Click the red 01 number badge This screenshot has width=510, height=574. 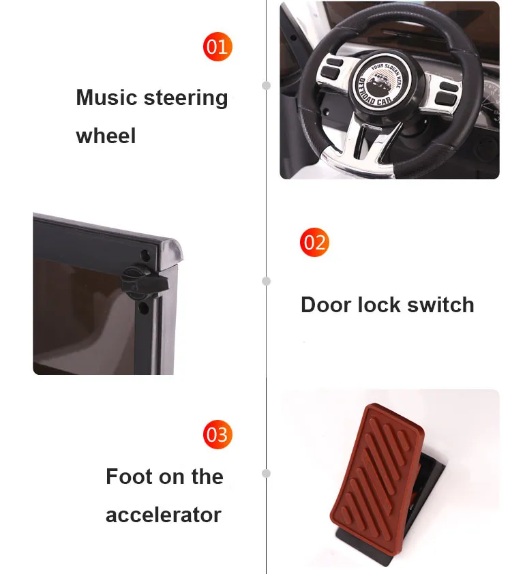click(x=217, y=46)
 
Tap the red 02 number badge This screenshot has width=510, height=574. click(x=314, y=242)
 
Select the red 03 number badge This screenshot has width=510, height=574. click(x=217, y=434)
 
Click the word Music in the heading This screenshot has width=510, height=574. click(x=106, y=97)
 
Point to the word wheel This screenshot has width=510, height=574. click(x=106, y=136)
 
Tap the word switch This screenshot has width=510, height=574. click(x=440, y=305)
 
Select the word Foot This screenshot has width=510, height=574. click(x=129, y=477)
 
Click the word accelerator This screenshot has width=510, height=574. click(x=163, y=515)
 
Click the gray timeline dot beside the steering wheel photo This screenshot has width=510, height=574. click(x=266, y=85)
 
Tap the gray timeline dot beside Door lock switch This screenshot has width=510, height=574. click(x=266, y=281)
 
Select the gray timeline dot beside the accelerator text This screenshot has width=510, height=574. click(x=266, y=473)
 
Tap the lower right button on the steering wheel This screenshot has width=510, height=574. click(x=445, y=98)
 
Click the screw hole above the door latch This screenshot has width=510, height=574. click(x=145, y=255)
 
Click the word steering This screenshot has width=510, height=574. click(x=185, y=98)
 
